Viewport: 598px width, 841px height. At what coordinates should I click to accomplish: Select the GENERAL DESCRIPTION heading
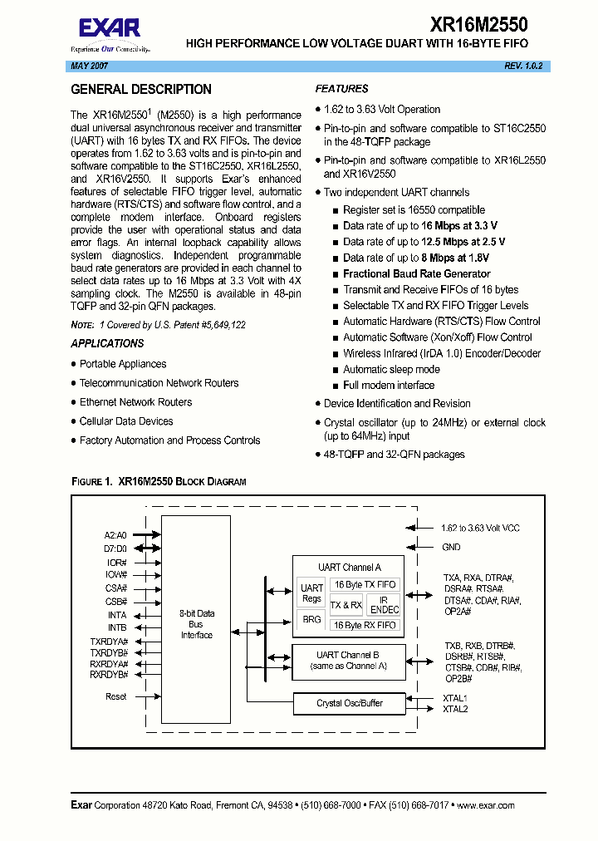(x=141, y=90)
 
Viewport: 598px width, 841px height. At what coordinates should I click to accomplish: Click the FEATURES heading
(x=342, y=89)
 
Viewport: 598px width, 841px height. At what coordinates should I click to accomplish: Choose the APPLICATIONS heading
(x=107, y=343)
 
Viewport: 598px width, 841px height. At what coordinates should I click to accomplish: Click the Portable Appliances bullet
(x=123, y=364)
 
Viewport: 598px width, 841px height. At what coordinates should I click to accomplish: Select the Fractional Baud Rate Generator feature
(x=416, y=273)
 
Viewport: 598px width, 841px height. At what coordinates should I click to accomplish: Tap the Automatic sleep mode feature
(x=391, y=369)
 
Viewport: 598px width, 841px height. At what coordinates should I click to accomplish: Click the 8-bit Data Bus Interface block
(x=197, y=624)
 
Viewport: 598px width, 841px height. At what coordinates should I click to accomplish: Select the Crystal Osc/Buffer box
(x=350, y=703)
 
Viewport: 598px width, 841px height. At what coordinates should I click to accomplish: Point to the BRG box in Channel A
(x=311, y=619)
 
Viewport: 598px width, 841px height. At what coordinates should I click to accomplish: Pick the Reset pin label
(x=116, y=696)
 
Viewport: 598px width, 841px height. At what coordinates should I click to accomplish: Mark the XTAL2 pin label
(x=455, y=709)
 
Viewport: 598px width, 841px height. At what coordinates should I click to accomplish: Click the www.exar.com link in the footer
(x=485, y=805)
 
